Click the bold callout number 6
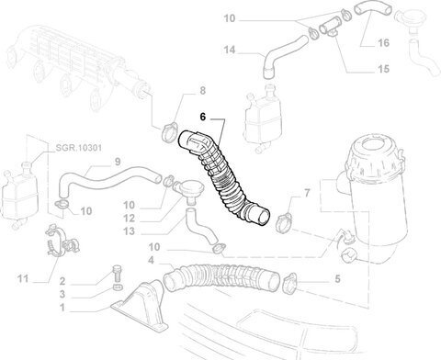203,117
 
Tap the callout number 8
203,91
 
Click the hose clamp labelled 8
169,132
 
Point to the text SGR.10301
79,148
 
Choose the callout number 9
118,162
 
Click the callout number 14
230,50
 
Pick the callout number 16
383,42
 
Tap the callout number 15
383,69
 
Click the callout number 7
307,193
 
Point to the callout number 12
129,219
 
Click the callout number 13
129,231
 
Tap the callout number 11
23,279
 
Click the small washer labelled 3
119,287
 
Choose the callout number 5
337,279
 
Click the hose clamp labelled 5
289,283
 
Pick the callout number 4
151,260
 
